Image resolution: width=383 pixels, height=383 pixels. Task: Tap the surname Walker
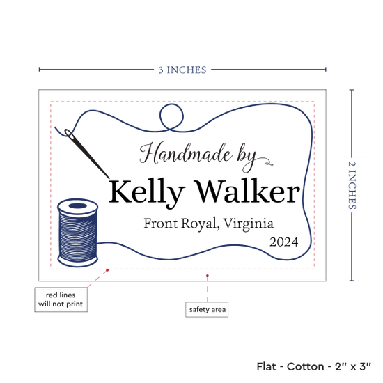click(x=247, y=191)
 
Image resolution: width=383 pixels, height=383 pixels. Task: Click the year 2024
click(x=284, y=242)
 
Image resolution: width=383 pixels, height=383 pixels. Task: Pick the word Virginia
click(x=249, y=224)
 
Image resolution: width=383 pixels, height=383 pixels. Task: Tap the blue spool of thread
click(x=78, y=233)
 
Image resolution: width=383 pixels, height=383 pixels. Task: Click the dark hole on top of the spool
click(x=78, y=206)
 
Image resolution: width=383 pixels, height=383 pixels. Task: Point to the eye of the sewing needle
click(x=69, y=134)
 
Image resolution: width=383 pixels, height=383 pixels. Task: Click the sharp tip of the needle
click(x=109, y=178)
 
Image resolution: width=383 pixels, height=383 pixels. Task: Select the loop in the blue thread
click(x=171, y=116)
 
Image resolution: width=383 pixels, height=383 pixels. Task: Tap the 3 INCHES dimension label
click(x=182, y=70)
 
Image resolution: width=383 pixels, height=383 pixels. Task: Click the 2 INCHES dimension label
click(x=352, y=185)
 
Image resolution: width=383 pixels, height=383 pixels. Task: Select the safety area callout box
click(x=207, y=309)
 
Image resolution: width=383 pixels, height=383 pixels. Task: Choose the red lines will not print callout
click(x=61, y=299)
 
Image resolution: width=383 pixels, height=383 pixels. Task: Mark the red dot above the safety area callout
click(x=207, y=276)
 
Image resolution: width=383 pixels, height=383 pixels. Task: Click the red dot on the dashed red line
click(x=107, y=270)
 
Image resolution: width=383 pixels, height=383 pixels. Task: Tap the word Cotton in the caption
click(x=305, y=366)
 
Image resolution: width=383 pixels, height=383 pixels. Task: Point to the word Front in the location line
click(x=160, y=223)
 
